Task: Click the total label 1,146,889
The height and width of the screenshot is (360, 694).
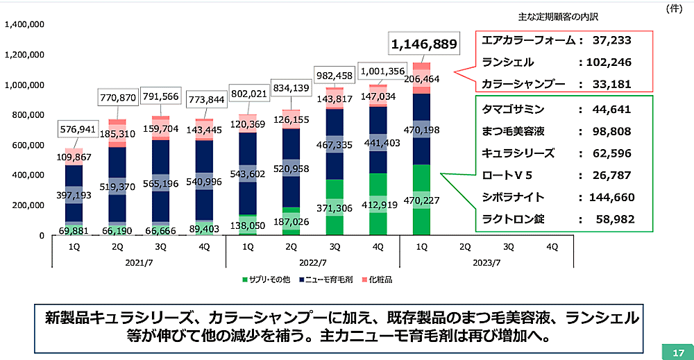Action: coord(424,45)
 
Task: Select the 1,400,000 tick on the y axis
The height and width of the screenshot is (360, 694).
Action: coord(25,24)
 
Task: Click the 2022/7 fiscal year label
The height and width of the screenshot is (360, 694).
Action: coord(312,262)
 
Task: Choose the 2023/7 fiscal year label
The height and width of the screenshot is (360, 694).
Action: coord(485,262)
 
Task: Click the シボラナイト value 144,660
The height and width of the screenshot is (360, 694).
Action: coord(609,197)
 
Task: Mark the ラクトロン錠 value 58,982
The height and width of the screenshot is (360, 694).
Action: coord(613,219)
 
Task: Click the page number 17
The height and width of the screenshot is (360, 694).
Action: coord(678,352)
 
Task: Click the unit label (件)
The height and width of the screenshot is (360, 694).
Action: coord(676,8)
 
